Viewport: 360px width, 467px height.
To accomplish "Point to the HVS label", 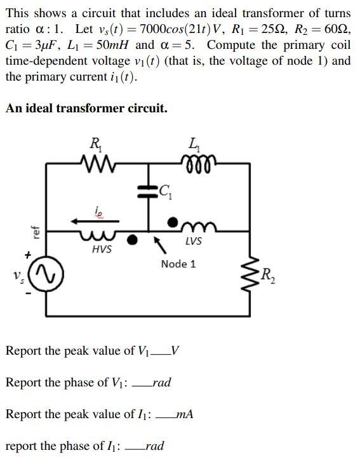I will (102, 249).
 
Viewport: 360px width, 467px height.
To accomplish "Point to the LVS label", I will (194, 241).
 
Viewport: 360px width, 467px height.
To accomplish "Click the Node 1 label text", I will (178, 263).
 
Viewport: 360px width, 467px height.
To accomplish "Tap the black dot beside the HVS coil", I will (132, 240).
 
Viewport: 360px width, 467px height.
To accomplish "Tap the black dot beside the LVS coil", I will (172, 221).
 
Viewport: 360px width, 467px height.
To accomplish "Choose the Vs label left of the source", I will (17, 277).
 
